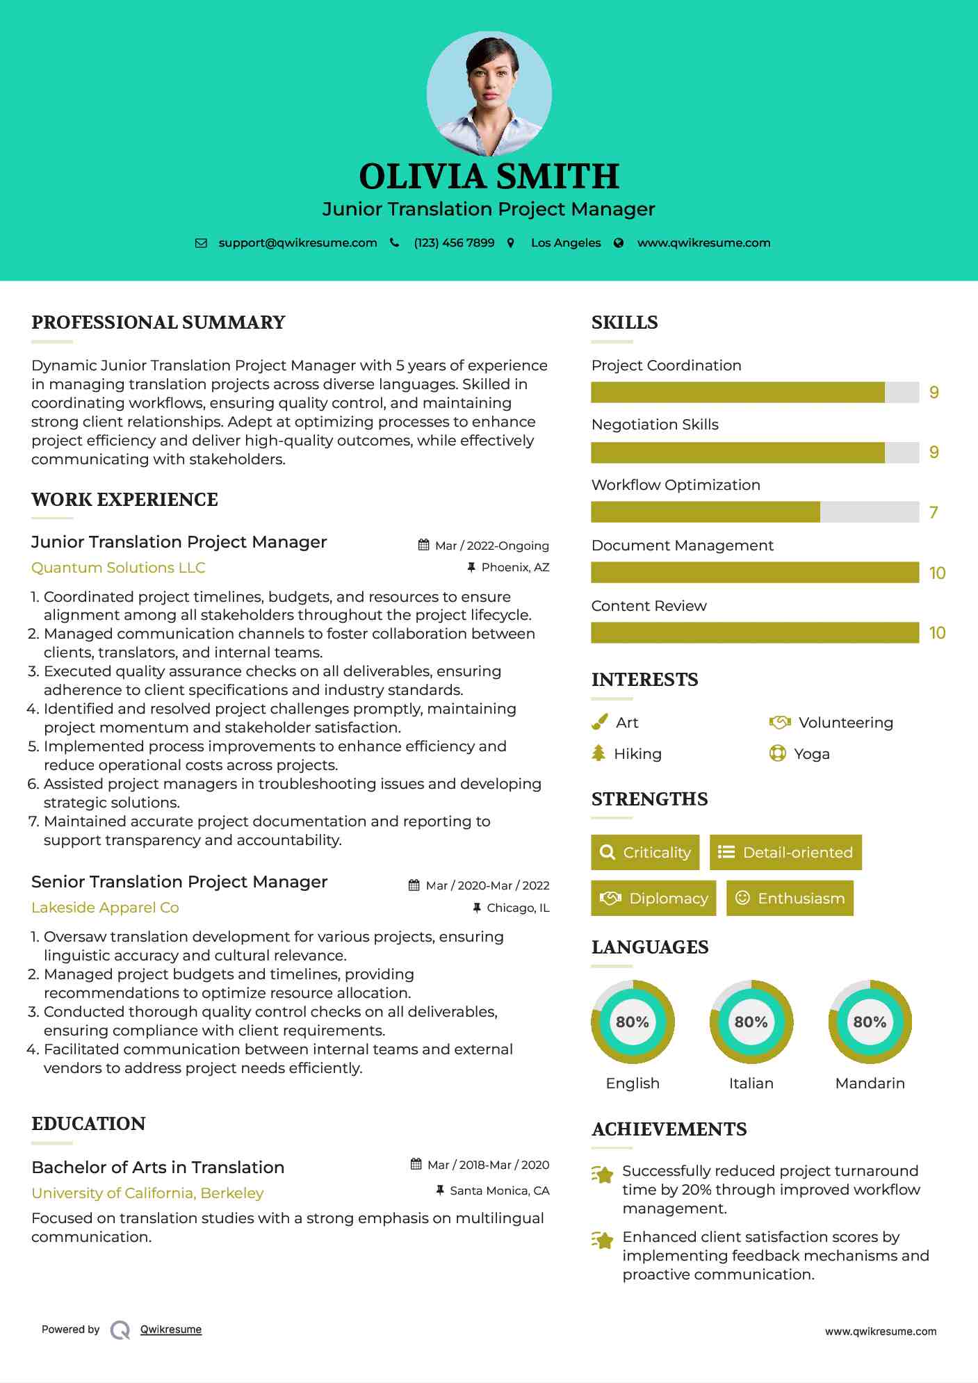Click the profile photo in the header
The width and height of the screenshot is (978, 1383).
(489, 93)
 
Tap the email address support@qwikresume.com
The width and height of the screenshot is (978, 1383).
(298, 243)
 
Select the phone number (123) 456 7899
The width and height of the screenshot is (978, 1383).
(454, 243)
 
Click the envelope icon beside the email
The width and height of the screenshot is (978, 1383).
(201, 243)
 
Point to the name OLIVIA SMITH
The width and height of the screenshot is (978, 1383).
(489, 177)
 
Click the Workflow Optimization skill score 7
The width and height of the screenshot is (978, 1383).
(934, 513)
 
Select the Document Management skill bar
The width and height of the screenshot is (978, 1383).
(755, 573)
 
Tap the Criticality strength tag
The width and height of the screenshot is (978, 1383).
(645, 853)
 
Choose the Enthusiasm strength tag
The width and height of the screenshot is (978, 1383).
(790, 899)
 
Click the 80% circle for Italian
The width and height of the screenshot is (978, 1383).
(751, 1022)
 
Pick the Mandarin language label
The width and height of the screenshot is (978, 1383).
(870, 1083)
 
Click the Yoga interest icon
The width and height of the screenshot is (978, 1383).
(777, 754)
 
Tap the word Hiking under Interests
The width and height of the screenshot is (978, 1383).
(637, 754)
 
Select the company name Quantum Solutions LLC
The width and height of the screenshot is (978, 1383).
(118, 568)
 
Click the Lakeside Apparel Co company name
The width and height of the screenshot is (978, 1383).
(105, 908)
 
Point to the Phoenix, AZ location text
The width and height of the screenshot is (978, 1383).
(515, 568)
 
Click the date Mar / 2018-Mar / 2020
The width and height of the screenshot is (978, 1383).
(488, 1165)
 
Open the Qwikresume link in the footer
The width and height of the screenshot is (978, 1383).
(171, 1329)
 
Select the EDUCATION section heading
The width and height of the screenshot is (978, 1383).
(88, 1124)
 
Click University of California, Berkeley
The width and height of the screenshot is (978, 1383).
(147, 1193)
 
